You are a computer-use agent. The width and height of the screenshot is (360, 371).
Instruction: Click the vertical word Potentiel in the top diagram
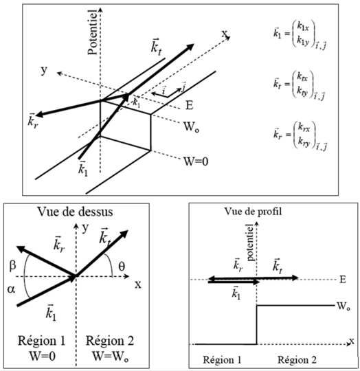click(93, 32)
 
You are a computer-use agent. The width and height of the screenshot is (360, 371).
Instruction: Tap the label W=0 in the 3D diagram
click(196, 161)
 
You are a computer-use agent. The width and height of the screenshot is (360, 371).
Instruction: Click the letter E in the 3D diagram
click(189, 105)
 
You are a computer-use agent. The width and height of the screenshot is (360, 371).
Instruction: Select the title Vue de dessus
click(75, 212)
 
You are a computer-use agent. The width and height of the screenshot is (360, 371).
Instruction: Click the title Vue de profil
click(253, 212)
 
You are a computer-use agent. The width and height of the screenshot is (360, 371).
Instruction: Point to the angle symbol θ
click(122, 267)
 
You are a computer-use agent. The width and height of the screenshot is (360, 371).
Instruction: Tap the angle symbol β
click(12, 266)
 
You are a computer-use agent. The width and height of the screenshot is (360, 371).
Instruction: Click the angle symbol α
click(11, 289)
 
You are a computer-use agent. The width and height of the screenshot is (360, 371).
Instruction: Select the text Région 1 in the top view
click(42, 341)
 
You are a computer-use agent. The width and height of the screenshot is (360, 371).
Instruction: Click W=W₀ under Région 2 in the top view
click(110, 356)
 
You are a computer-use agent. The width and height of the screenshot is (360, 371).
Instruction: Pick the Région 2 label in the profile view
click(297, 360)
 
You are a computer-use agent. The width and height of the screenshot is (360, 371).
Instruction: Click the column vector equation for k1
click(300, 35)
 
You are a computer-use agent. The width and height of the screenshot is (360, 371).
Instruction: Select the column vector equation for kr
click(300, 136)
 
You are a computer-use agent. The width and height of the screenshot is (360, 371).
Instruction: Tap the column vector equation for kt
click(300, 85)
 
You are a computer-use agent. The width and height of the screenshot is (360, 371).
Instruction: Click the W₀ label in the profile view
click(344, 306)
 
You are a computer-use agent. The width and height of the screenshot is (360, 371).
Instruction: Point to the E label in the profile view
click(343, 280)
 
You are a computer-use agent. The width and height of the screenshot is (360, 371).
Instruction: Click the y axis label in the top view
click(85, 227)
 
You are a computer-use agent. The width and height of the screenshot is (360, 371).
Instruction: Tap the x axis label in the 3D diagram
click(225, 34)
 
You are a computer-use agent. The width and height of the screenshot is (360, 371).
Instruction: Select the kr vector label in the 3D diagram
click(32, 121)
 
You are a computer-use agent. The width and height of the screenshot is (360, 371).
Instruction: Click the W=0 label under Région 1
click(43, 356)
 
